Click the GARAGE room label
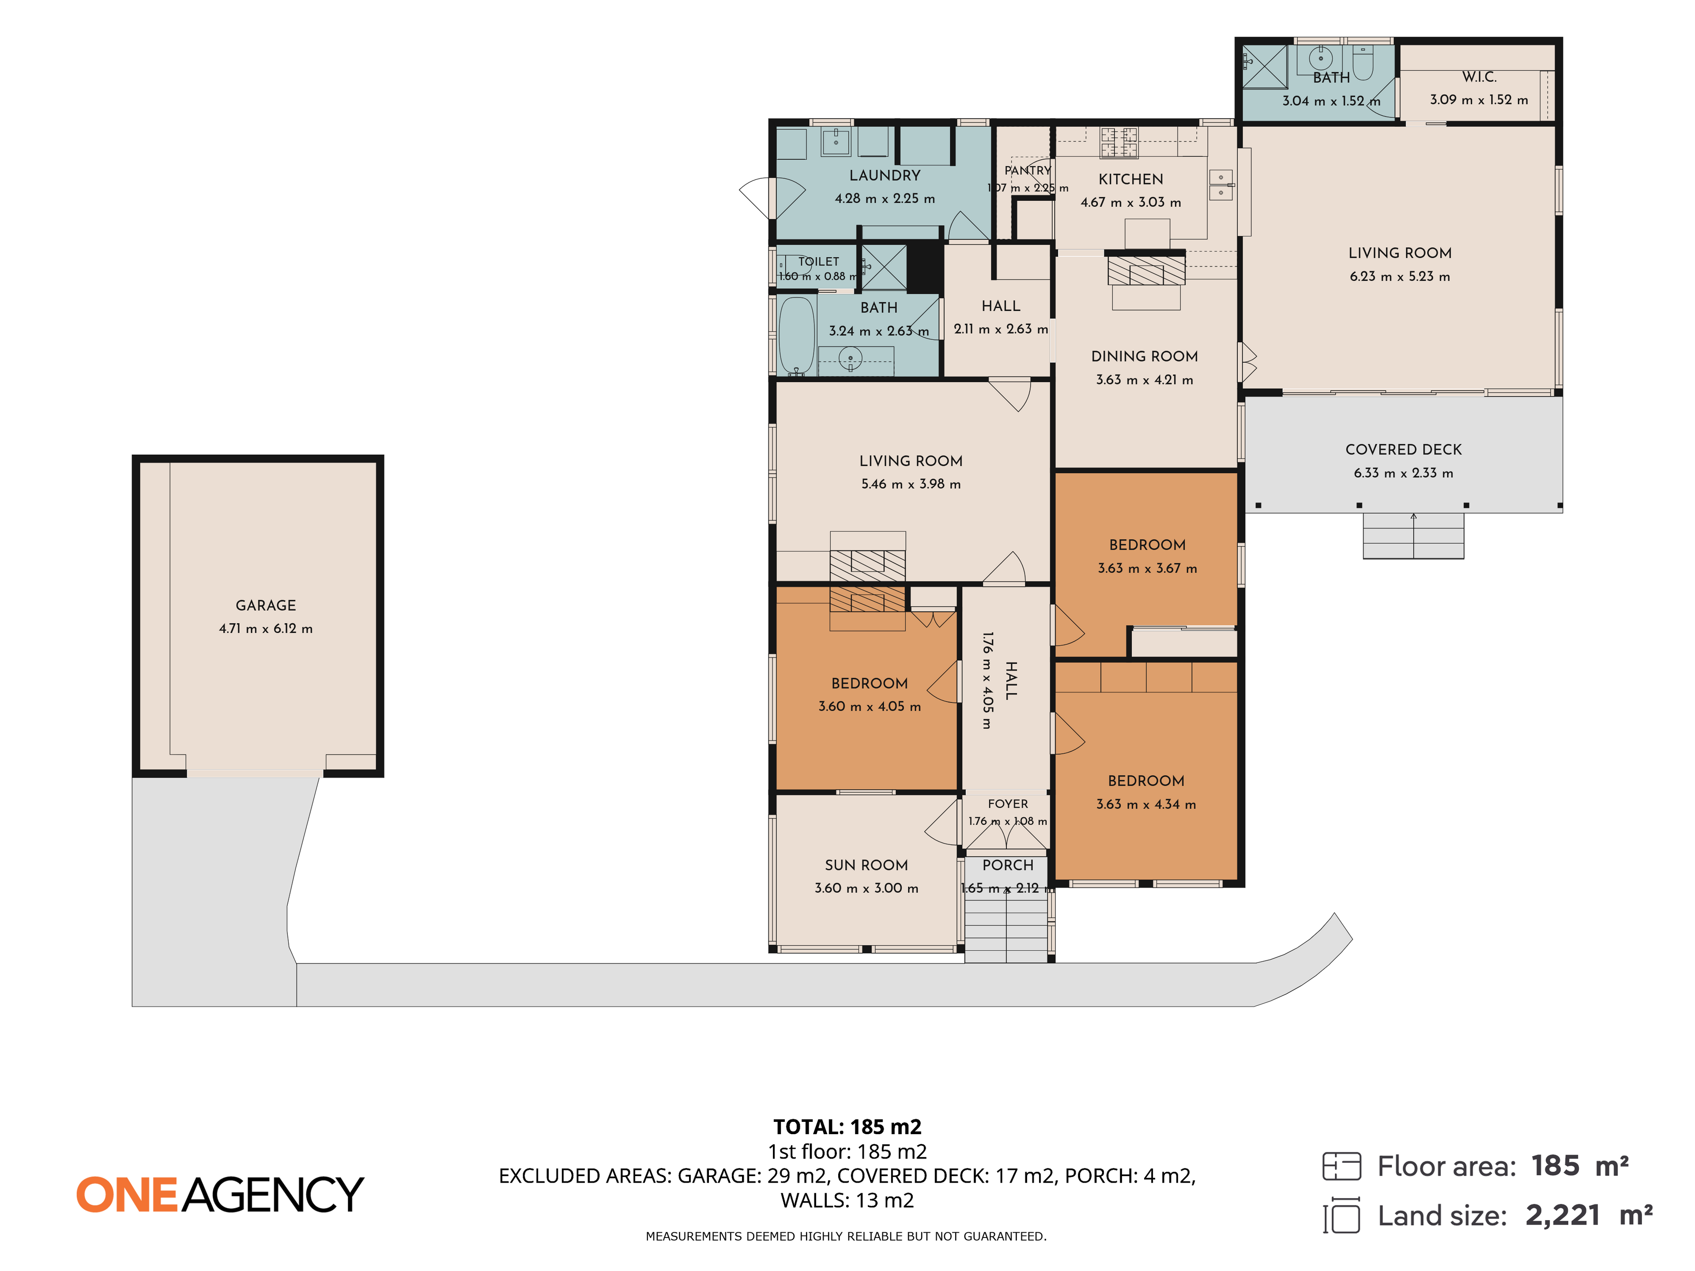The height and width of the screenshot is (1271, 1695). point(265,605)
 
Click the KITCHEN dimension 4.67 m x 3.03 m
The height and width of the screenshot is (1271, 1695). point(1130,202)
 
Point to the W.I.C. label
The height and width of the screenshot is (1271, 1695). point(1479,77)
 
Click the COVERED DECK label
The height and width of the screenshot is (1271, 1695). point(1403,450)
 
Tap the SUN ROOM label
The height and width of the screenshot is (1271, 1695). point(866,865)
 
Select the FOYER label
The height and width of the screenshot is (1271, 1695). point(1008,804)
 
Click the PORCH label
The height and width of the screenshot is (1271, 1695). point(1008,865)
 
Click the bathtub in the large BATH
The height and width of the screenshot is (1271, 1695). point(797,335)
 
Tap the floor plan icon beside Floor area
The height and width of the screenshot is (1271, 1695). point(1342,1166)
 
